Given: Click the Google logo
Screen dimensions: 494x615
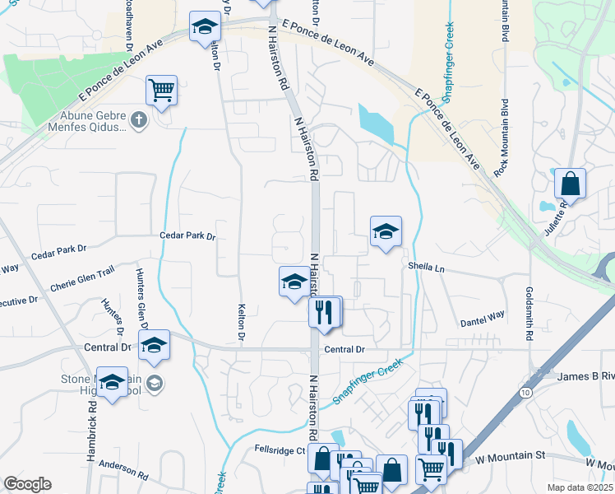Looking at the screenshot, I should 27,483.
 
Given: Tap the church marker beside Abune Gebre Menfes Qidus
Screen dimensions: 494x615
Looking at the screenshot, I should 139,120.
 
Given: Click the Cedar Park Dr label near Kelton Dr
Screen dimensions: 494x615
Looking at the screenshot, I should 187,236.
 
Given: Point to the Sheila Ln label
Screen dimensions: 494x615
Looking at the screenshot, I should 426,267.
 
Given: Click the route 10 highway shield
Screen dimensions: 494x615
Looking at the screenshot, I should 525,394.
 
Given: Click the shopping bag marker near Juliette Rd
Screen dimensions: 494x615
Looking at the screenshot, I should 570,184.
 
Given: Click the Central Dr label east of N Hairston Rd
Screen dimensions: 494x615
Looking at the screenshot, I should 344,349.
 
